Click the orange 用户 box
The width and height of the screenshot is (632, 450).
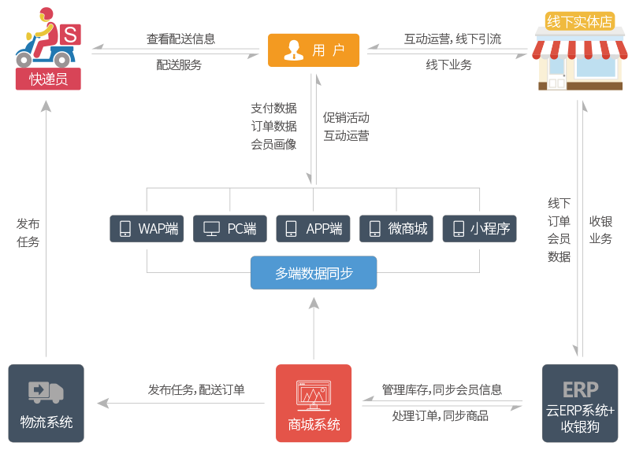314,50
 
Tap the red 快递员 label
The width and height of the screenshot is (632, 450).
48,79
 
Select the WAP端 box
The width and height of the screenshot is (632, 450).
147,229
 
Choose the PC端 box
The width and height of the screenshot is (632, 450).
230,229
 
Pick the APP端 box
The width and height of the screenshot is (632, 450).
313,229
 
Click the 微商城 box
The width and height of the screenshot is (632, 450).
396,229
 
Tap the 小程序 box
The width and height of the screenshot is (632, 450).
479,229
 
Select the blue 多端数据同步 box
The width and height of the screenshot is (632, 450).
314,273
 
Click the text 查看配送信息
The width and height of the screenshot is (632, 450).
180,39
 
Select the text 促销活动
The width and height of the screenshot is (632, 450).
346,118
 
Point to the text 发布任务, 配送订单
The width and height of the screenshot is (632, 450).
196,389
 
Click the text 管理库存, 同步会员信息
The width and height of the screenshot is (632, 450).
441,389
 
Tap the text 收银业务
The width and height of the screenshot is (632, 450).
600,230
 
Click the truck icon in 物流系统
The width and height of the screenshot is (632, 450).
46,391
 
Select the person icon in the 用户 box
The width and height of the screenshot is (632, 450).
293,50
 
